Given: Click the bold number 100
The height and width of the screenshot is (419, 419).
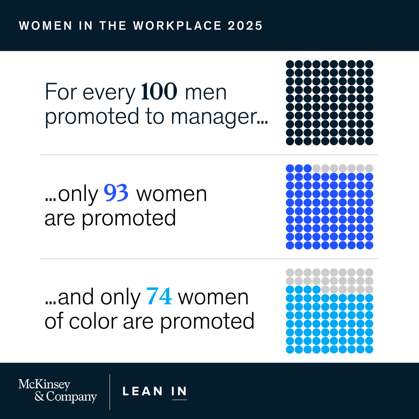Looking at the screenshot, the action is pos(159,91).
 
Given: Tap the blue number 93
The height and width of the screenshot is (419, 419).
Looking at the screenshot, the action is pos(116,193).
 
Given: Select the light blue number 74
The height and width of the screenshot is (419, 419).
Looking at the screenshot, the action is pos(159,296).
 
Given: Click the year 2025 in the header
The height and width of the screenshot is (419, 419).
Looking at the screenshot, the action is pos(245,25).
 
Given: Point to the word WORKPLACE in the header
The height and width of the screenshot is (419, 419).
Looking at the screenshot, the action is pos(177,25).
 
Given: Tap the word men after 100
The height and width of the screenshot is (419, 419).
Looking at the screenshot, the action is pos(206,93).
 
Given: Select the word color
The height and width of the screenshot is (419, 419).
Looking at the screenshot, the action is pos(93,321).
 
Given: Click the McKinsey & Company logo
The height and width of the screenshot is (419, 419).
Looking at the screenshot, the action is pos(58,391).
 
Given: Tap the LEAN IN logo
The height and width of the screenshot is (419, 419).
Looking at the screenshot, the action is pos(155,392).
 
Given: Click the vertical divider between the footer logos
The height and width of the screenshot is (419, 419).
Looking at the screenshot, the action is pos(110,392).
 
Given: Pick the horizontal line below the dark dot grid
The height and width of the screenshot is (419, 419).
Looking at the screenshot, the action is pos(209,155).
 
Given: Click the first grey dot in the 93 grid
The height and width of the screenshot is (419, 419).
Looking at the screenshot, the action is pos(316,168).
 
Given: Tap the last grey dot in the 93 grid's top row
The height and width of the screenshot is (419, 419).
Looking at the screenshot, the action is pos(369,168).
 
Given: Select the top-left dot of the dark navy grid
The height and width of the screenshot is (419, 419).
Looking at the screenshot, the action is pos(290,64).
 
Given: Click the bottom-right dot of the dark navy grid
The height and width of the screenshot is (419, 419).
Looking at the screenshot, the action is pos(369,141).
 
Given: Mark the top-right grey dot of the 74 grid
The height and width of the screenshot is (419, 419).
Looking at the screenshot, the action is pos(369,272).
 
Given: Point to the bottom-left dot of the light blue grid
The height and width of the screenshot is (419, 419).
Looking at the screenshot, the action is pos(290,350).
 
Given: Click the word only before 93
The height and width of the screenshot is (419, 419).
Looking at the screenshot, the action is pos(78,194).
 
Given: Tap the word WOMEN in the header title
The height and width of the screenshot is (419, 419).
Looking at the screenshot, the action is pos(45,25).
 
